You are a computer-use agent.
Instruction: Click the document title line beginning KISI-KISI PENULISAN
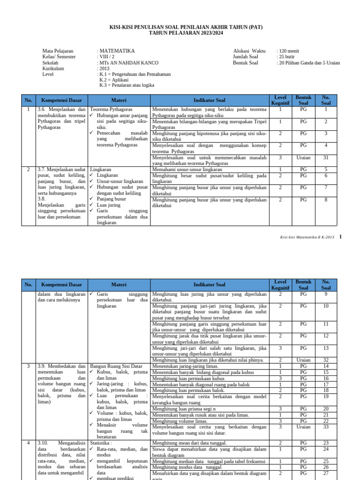(186, 27)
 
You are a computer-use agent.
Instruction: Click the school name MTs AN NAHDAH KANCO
(128, 63)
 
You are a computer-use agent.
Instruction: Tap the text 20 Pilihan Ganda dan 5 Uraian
(308, 63)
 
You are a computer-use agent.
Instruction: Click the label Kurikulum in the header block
(53, 68)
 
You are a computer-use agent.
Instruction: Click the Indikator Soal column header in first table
(210, 100)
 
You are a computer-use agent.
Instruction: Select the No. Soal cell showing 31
(326, 158)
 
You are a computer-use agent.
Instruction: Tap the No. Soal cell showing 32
(326, 360)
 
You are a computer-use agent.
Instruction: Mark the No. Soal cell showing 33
(326, 427)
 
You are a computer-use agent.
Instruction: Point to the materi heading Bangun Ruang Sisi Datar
(116, 366)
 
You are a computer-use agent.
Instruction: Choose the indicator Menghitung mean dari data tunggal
(189, 443)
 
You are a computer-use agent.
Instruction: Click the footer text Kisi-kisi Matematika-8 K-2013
(305, 238)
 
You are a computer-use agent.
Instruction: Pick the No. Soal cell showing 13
(326, 348)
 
